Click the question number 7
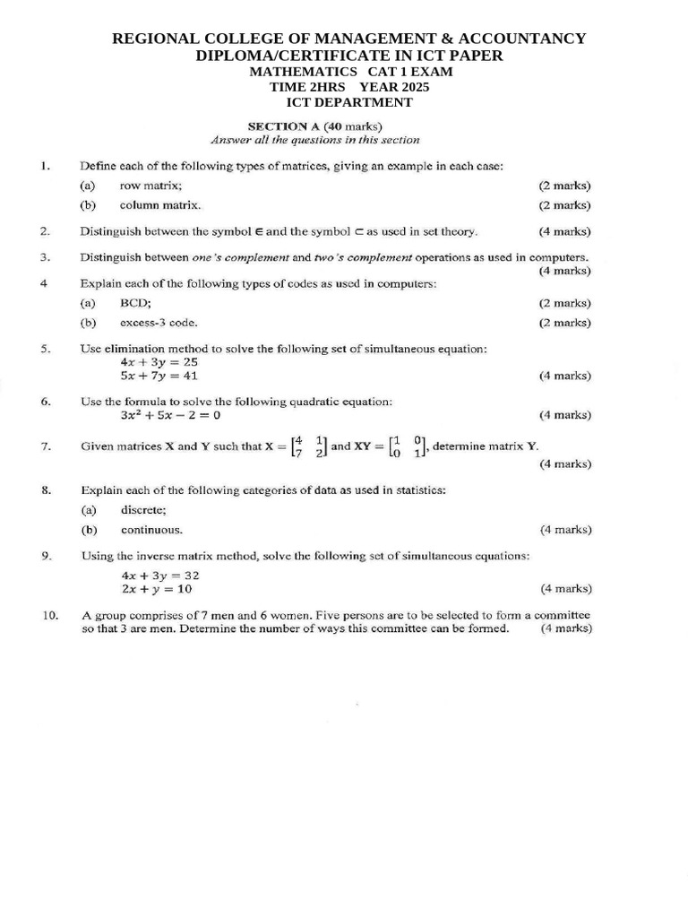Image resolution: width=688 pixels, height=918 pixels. (45, 446)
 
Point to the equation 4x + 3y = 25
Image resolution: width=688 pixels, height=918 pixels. (159, 362)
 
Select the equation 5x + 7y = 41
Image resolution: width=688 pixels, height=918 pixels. (159, 376)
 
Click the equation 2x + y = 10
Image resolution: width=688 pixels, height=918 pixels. (156, 589)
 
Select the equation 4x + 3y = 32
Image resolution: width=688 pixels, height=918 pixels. (159, 576)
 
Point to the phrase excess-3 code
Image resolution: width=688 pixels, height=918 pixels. (159, 322)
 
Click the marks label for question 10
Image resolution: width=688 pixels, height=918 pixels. (566, 628)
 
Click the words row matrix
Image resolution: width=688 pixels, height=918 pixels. (150, 186)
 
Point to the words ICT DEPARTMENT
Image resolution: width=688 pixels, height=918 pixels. (349, 102)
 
